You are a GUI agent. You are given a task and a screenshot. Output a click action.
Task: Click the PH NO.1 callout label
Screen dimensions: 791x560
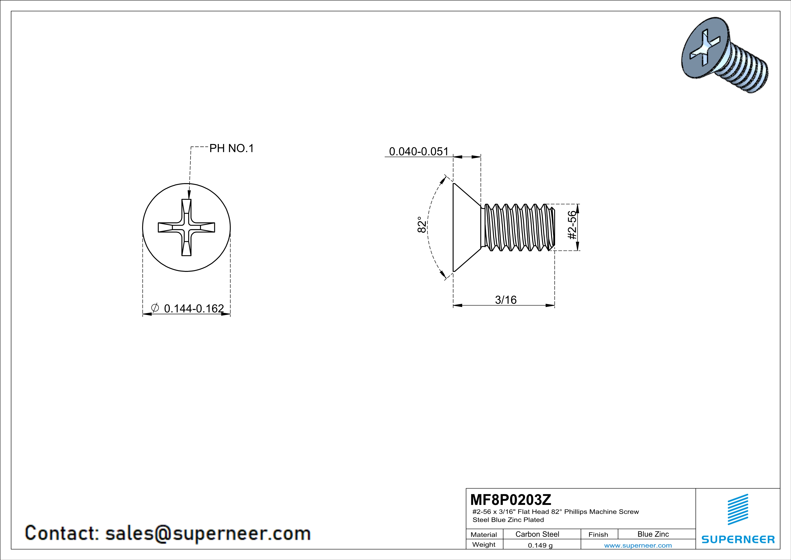coord(231,148)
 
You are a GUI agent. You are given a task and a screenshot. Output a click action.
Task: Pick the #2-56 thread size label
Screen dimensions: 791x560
coord(572,225)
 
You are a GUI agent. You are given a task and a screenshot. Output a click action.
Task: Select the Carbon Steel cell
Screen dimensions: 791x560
coord(537,534)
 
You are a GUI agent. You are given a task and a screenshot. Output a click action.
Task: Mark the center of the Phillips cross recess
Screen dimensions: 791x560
coord(186,228)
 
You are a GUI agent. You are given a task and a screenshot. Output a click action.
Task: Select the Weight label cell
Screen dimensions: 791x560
coord(484,544)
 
